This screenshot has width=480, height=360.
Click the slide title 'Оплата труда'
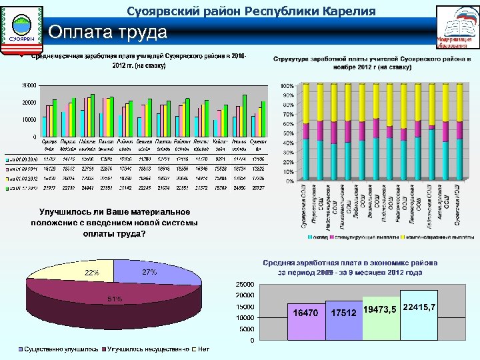pos(107,32)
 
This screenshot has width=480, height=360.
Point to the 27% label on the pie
pos(149,273)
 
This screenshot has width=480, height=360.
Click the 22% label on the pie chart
pos(91,273)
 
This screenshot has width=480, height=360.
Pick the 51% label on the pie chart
pos(115,299)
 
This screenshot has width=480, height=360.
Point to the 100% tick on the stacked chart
pos(286,87)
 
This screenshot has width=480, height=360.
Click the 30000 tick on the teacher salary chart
pos(29,85)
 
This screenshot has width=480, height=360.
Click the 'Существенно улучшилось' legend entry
pos(61,349)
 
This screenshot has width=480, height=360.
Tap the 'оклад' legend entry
pos(318,237)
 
